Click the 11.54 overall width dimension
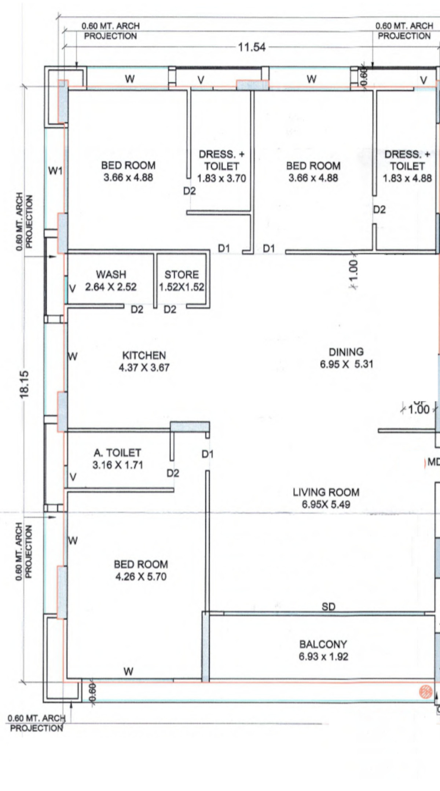(x=252, y=47)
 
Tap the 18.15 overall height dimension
(x=24, y=384)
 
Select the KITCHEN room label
(x=144, y=355)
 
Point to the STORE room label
(x=181, y=275)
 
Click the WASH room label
(x=111, y=275)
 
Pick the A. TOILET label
(x=117, y=453)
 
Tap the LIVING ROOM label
(x=326, y=492)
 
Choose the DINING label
(x=346, y=352)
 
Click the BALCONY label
(x=323, y=644)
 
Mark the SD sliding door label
(x=328, y=607)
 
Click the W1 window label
(x=55, y=171)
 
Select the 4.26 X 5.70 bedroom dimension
(x=141, y=576)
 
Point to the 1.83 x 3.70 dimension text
(x=221, y=178)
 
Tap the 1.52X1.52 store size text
(x=181, y=287)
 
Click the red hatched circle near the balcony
(x=425, y=691)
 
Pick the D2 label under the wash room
(x=137, y=310)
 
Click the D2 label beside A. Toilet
(x=173, y=473)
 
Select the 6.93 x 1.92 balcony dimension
(x=323, y=656)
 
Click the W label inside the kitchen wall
(x=73, y=356)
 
